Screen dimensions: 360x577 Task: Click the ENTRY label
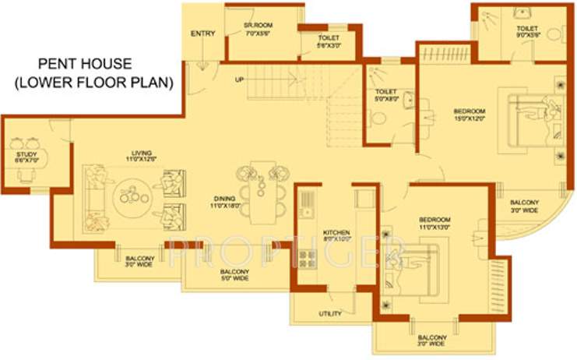pyautogui.click(x=202, y=34)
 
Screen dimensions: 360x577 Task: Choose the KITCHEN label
pyautogui.click(x=336, y=235)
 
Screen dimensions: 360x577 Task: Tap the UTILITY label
pyautogui.click(x=329, y=314)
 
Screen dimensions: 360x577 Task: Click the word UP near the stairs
pyautogui.click(x=240, y=79)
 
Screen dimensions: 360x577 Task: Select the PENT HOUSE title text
pyautogui.click(x=87, y=72)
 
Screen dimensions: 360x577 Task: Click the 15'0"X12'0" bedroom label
pyautogui.click(x=469, y=115)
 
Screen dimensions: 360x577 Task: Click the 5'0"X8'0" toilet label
pyautogui.click(x=381, y=95)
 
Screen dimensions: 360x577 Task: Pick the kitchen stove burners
pyautogui.click(x=305, y=259)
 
